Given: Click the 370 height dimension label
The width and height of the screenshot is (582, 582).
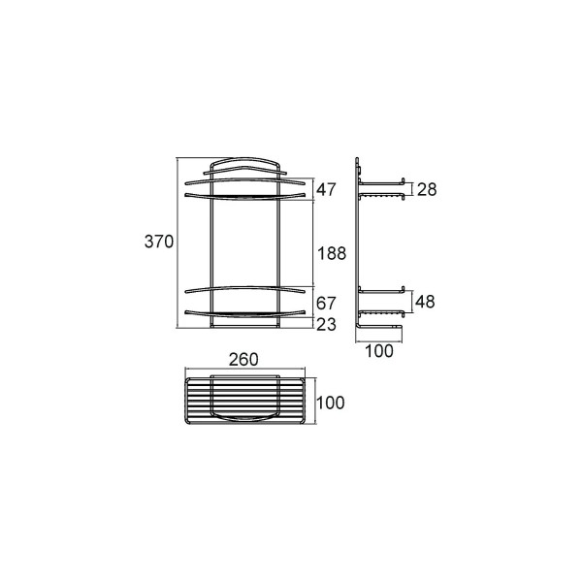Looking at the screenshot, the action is [159, 242].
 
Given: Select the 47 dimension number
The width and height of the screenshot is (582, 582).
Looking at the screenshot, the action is [326, 190].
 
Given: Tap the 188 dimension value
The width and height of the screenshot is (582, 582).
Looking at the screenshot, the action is [332, 253].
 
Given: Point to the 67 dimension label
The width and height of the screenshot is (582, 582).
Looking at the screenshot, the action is [326, 304].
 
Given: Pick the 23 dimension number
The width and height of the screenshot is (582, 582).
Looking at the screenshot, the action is [326, 324].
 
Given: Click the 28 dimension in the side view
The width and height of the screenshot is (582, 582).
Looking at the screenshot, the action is [427, 189].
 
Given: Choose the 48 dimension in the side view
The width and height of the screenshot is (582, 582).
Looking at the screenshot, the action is [425, 302].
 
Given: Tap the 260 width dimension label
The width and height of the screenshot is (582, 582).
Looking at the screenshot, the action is [243, 359].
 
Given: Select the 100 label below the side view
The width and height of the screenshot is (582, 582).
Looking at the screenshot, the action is [379, 351].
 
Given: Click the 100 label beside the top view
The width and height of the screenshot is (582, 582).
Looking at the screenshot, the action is [331, 403].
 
